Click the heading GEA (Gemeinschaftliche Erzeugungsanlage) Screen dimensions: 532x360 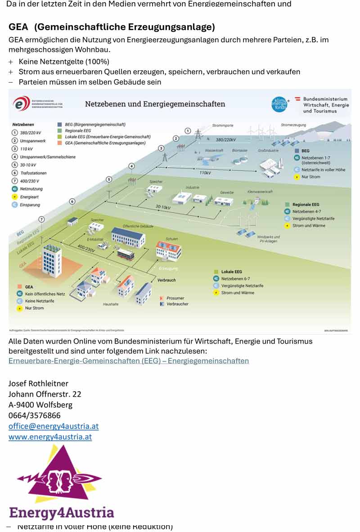[x=112, y=27]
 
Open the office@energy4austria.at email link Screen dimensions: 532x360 [x=54, y=426]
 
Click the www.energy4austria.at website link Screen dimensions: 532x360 [x=50, y=437]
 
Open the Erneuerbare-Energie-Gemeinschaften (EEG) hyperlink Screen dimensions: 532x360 [x=129, y=361]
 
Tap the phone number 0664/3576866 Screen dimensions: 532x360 [x=34, y=415]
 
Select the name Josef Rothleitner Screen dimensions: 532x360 [x=38, y=383]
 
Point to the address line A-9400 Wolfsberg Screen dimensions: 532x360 [x=40, y=404]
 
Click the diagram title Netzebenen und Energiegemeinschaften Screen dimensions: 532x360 [x=155, y=104]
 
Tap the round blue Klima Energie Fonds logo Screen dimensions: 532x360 [x=279, y=104]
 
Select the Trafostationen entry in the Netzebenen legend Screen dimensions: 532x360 [x=33, y=173]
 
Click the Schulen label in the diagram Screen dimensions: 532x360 [x=171, y=239]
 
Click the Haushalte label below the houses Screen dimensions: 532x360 [x=111, y=304]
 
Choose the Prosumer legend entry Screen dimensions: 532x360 [x=175, y=298]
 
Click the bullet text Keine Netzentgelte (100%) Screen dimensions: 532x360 [x=64, y=61]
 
